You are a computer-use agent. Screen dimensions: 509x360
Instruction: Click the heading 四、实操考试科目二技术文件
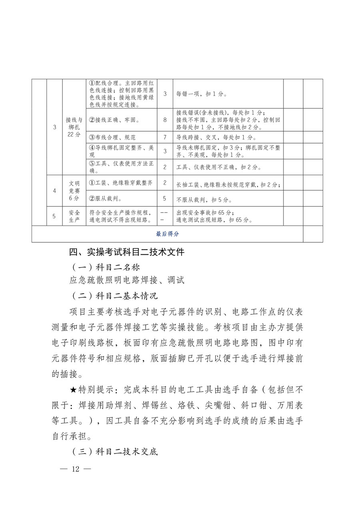[x=127, y=252]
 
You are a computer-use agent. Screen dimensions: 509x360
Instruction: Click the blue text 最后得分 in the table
[x=167, y=234]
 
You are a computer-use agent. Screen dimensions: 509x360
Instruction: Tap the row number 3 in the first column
[x=54, y=127]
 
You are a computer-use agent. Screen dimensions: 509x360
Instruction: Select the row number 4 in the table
[x=54, y=191]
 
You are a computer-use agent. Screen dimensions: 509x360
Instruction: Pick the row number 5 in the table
[x=54, y=216]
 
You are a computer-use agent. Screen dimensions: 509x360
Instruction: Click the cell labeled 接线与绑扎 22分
[x=74, y=127]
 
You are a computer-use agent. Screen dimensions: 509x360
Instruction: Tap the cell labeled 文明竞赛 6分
[x=74, y=191]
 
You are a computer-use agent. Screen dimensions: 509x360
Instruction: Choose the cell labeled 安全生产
[x=74, y=216]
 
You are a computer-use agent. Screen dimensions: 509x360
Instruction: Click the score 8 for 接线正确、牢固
[x=165, y=120]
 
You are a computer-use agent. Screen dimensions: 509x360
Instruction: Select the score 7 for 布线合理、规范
[x=165, y=137]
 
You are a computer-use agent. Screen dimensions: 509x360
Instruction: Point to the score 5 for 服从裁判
[x=165, y=198]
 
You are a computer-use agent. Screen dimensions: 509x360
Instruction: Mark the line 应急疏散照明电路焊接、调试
[x=127, y=280]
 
